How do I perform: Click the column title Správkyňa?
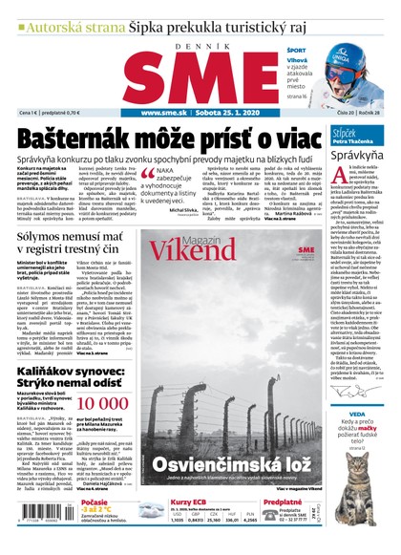coord(356,151)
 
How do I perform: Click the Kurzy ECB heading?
coord(187,502)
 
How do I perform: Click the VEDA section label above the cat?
coord(358,412)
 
